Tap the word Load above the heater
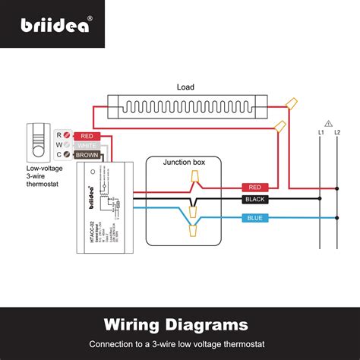point(186,87)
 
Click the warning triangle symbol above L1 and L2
point(328,122)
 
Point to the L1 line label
point(321,133)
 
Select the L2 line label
point(336,133)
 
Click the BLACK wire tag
point(253,200)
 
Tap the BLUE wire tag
point(253,218)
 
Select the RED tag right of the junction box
point(253,187)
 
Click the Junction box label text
point(182,162)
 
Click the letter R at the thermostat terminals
point(59,135)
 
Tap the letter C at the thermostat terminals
point(59,154)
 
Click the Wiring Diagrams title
point(180,325)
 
